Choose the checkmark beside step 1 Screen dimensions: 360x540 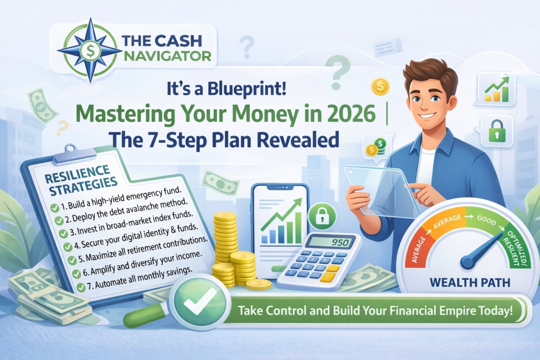point(54,208)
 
